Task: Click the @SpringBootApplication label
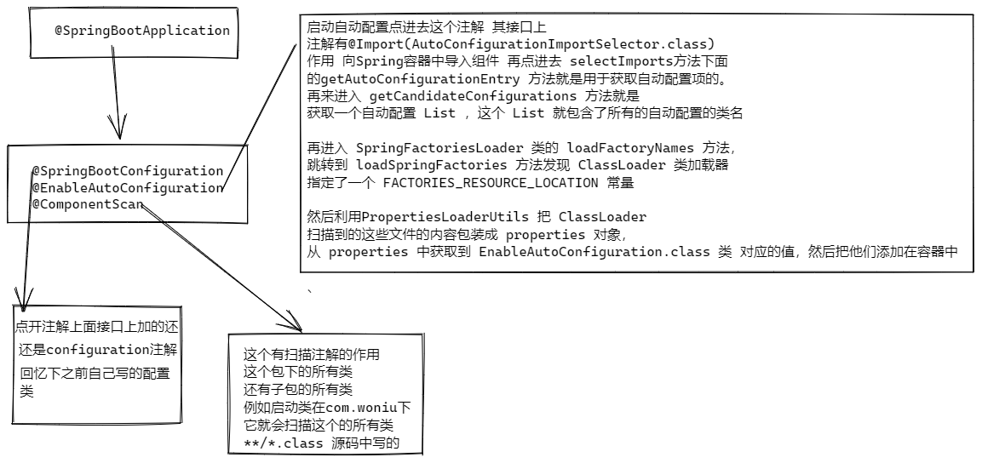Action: click(x=142, y=31)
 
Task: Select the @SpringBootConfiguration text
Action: click(x=127, y=171)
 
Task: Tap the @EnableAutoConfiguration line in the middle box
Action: click(x=127, y=188)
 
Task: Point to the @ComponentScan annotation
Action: click(x=88, y=204)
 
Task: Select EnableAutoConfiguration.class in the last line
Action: click(x=587, y=252)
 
